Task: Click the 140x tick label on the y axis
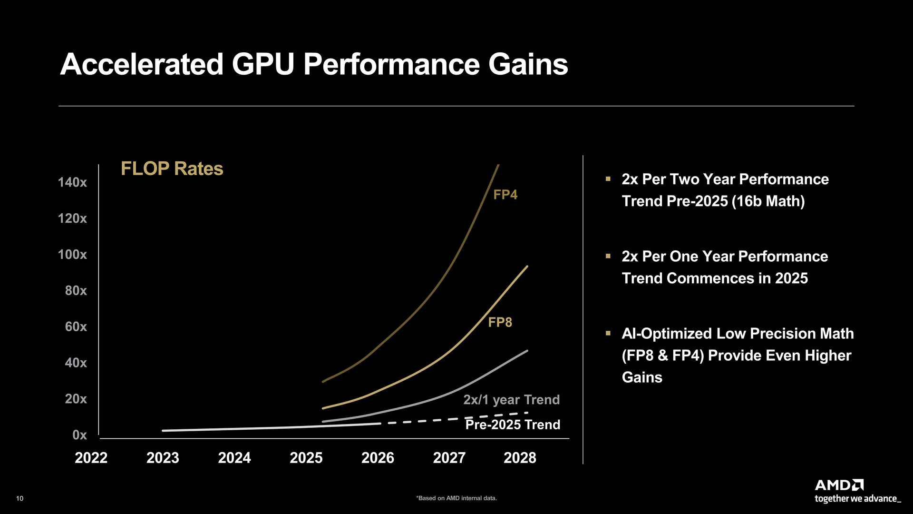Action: point(72,182)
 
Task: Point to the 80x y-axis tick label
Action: point(76,291)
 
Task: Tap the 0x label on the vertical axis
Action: point(79,435)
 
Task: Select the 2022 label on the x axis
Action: point(91,458)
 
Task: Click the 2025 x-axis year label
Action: point(306,458)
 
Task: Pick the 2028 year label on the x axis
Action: point(520,458)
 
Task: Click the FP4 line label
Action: point(505,195)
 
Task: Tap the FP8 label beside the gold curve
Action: point(500,322)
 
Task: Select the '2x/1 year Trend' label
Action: point(511,400)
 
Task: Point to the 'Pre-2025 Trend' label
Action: point(513,425)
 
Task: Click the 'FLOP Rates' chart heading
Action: point(172,168)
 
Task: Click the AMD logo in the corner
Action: point(839,485)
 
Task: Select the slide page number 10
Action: point(19,498)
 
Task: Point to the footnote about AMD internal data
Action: point(456,498)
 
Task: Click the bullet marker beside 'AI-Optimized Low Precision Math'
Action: point(608,334)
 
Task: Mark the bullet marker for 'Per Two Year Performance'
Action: point(608,179)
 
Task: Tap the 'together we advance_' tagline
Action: point(857,499)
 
